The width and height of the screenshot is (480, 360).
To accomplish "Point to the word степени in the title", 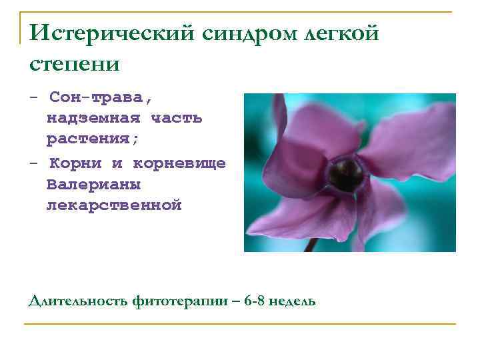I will click(75, 64).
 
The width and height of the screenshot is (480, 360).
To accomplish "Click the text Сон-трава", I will click(101, 97).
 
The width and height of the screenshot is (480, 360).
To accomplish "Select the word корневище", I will click(180, 163).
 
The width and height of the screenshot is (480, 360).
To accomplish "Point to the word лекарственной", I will click(114, 205).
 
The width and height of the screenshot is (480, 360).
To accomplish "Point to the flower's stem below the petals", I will click(311, 244).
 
